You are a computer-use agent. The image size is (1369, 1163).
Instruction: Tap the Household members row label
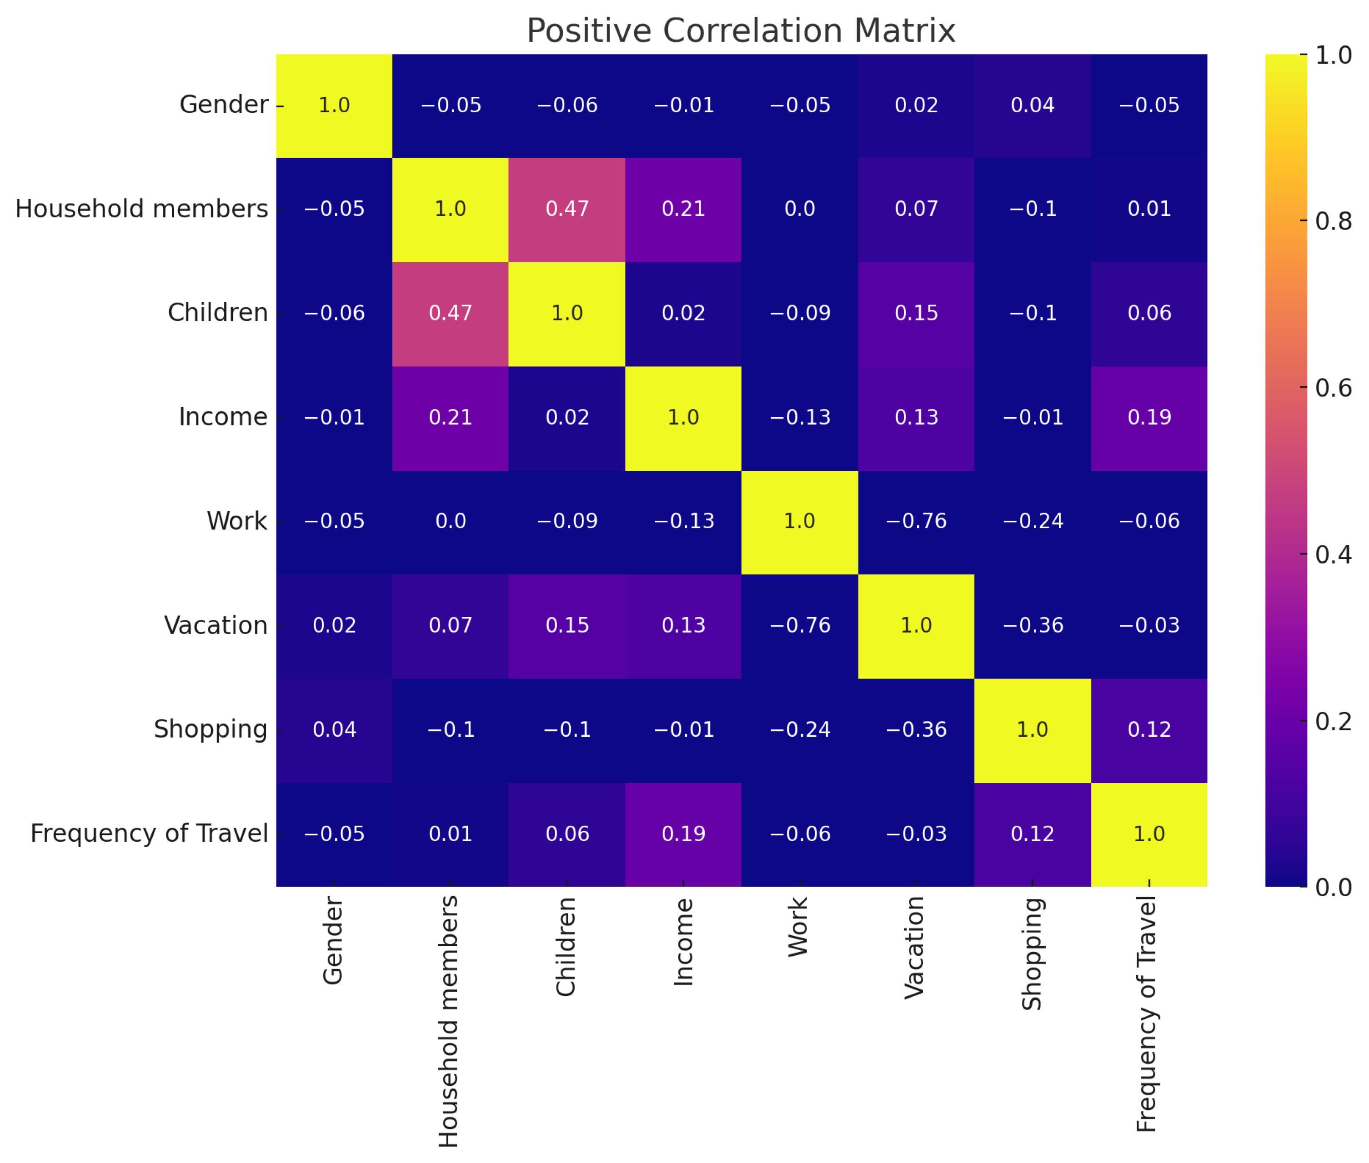click(x=141, y=209)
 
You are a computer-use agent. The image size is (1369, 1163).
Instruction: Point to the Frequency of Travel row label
click(x=149, y=834)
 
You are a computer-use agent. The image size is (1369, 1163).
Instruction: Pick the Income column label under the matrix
click(x=683, y=942)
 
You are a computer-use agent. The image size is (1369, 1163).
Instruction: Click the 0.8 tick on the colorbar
click(x=1333, y=221)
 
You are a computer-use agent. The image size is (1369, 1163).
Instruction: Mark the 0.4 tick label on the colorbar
click(x=1333, y=554)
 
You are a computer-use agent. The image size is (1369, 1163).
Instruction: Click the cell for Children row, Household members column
click(x=451, y=313)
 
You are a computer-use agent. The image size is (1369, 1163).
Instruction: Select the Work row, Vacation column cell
click(x=916, y=521)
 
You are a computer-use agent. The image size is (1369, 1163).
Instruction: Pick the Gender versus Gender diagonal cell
click(x=334, y=105)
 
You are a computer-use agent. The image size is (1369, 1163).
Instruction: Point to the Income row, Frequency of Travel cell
click(x=1149, y=417)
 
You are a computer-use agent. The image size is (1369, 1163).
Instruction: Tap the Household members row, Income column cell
click(x=683, y=209)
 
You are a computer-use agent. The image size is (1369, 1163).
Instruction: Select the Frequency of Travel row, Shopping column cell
click(x=1032, y=834)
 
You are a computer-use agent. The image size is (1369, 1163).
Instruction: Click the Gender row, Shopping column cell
click(x=1032, y=105)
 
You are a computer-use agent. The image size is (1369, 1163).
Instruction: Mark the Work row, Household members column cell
click(x=451, y=521)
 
